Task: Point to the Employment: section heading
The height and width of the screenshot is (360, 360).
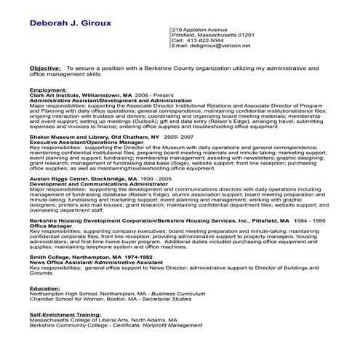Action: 49,89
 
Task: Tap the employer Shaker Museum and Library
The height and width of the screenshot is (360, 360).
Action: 69,136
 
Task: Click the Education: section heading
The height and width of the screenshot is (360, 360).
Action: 45,287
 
